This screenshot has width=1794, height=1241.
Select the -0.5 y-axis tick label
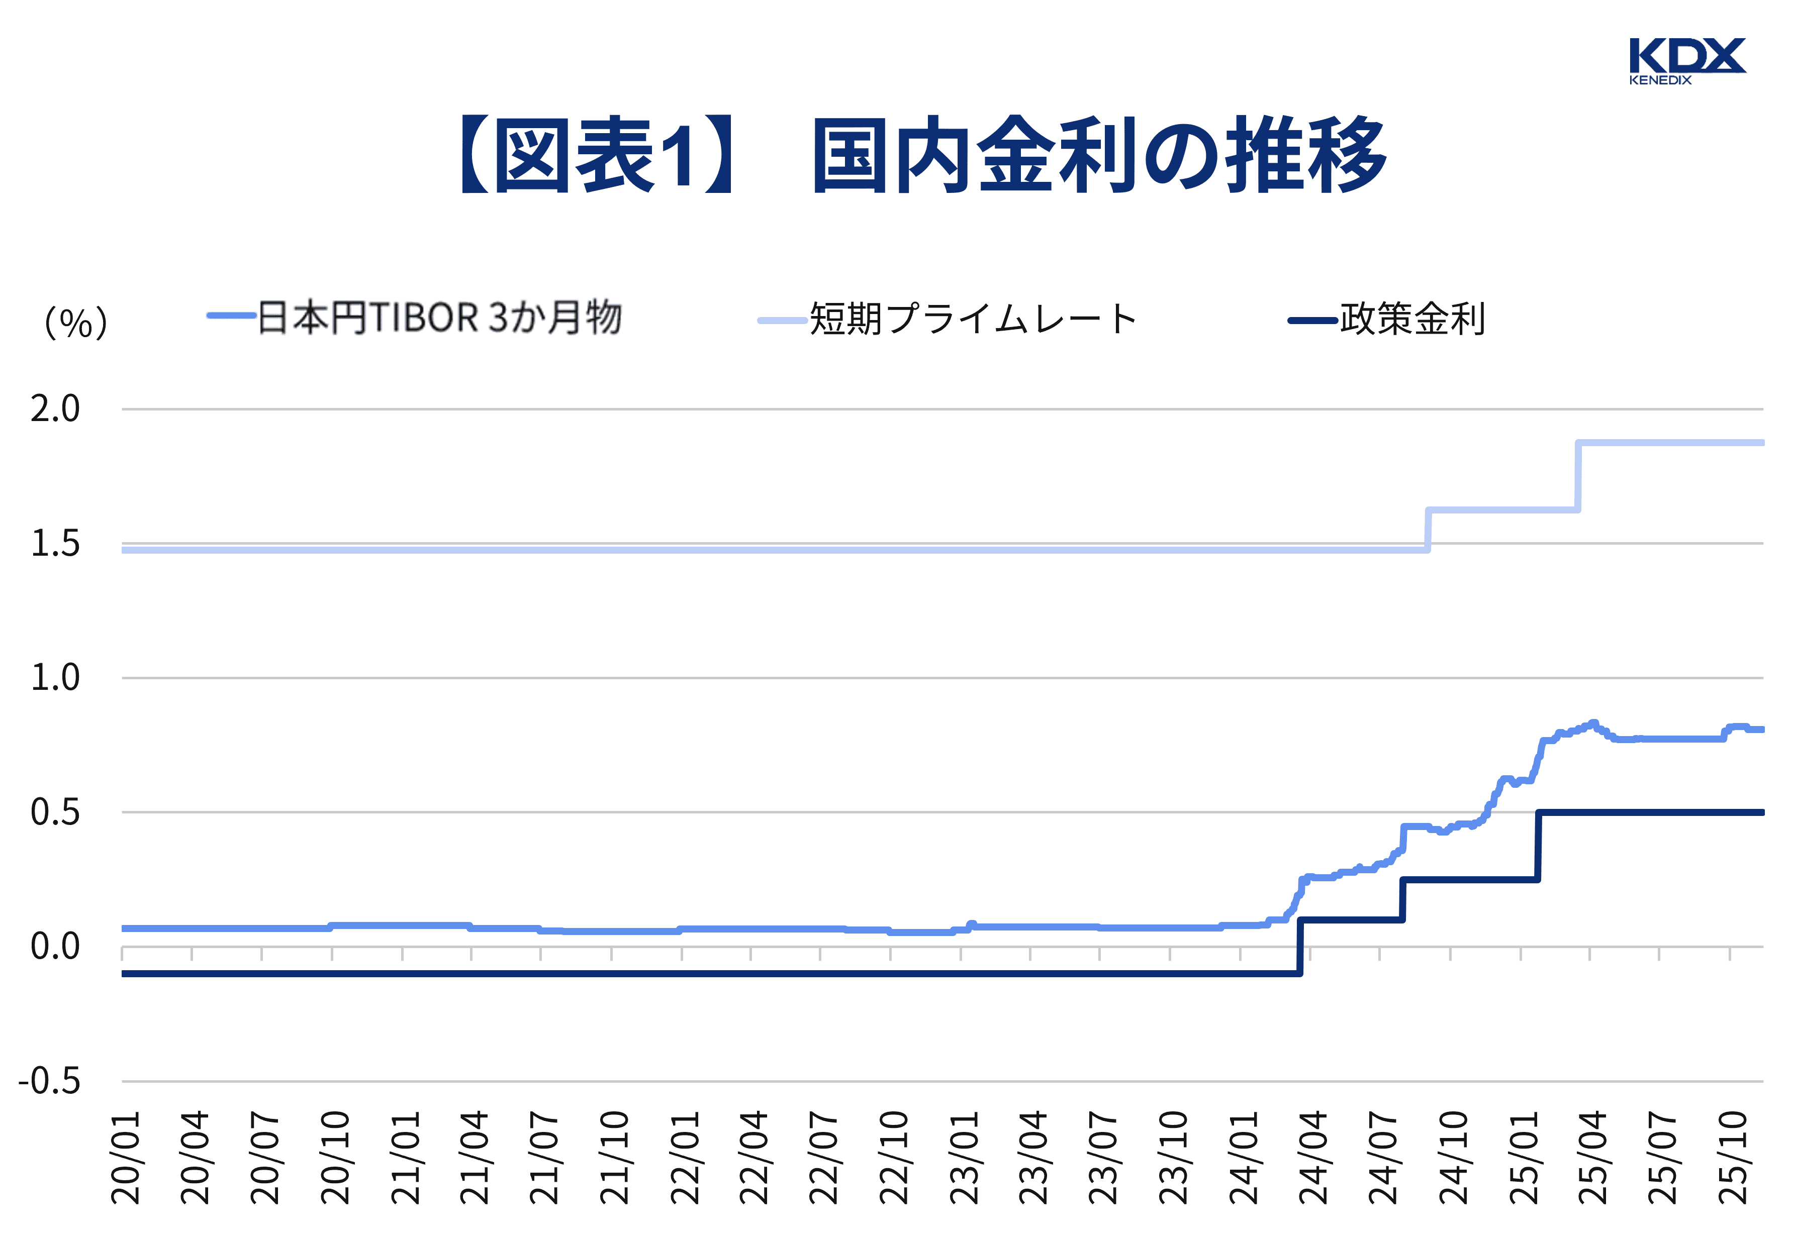[50, 1081]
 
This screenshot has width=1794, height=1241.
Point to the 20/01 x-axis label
[125, 1159]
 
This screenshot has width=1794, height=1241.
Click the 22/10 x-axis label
[894, 1159]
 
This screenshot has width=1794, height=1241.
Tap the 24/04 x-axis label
[1313, 1159]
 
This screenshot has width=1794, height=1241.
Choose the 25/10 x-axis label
[1733, 1159]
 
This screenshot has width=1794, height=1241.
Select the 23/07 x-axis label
[1103, 1159]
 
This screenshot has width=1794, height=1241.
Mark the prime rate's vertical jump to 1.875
[1578, 476]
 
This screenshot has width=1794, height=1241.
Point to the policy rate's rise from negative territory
[1300, 946]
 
